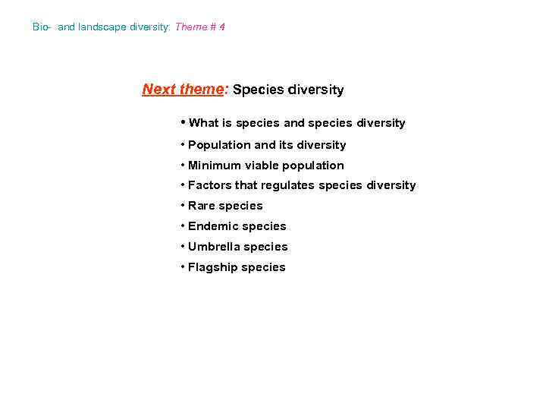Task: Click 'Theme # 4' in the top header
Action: pos(200,27)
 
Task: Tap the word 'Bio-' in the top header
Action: pos(42,27)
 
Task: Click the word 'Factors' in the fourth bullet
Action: pos(210,185)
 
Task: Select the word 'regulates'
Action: pos(288,185)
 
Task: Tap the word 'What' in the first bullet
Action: pos(203,123)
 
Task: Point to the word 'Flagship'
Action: pos(213,267)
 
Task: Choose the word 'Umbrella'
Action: pos(215,247)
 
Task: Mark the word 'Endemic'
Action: pos(212,226)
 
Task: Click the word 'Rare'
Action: pos(202,206)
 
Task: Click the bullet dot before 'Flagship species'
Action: pos(183,267)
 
